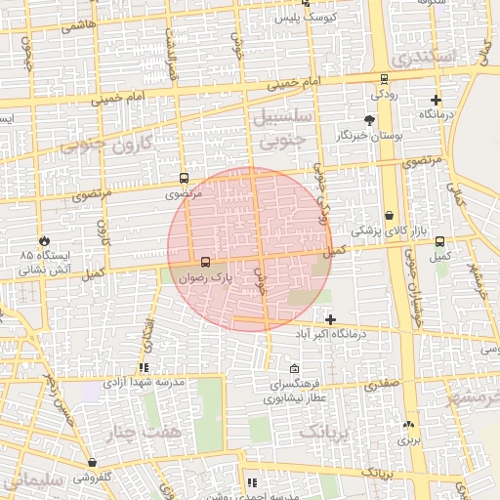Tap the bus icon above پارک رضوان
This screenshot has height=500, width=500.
click(x=205, y=263)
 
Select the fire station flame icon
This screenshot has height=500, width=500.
click(x=45, y=240)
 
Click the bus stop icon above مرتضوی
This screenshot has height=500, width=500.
click(x=185, y=179)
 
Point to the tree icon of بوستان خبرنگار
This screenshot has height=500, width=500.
click(x=368, y=119)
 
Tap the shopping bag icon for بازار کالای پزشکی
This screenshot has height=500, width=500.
click(x=390, y=215)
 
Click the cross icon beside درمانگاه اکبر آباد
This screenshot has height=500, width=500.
click(x=331, y=319)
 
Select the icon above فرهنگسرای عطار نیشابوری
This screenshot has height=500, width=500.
click(x=295, y=368)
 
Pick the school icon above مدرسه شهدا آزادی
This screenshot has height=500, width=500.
click(x=145, y=368)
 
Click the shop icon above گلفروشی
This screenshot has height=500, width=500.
click(x=92, y=463)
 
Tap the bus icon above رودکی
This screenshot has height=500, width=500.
click(x=383, y=79)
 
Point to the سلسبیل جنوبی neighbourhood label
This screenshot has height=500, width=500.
click(x=281, y=128)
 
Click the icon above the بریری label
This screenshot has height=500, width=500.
click(x=408, y=425)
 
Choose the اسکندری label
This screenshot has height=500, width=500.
click(x=441, y=58)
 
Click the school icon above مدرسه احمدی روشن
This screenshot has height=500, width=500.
click(x=252, y=481)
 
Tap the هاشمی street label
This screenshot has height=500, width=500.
click(x=79, y=26)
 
